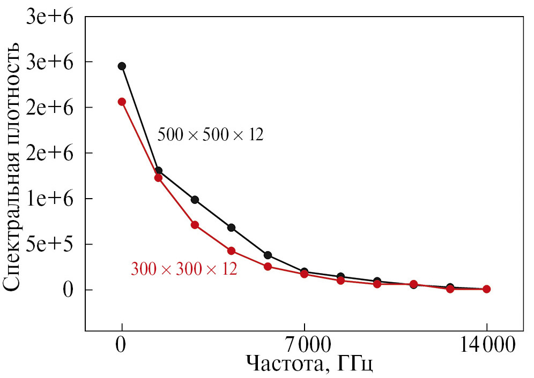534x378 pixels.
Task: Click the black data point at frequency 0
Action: [122, 66]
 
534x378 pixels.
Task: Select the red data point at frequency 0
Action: [122, 101]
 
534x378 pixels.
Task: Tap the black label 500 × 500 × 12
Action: [210, 134]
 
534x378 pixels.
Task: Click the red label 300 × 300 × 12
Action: [184, 268]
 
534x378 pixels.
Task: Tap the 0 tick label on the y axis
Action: [68, 290]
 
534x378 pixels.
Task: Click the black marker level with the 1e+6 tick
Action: [195, 200]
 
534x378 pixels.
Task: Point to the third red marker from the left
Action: [195, 225]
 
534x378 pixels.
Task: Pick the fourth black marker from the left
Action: [231, 228]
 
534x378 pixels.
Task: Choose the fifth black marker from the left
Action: [268, 255]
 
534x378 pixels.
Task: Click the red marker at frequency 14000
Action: [486, 289]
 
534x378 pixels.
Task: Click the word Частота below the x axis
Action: [284, 364]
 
